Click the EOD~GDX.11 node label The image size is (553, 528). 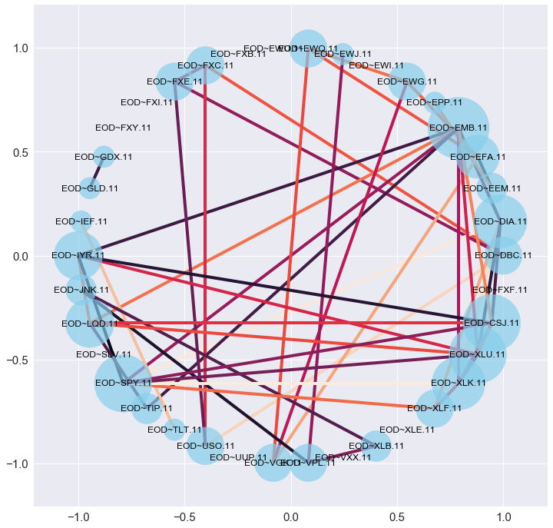104,157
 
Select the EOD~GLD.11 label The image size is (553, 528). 90,188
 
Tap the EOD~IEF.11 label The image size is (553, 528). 81,221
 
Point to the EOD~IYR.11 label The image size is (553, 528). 78,255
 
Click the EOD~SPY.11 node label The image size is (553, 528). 124,382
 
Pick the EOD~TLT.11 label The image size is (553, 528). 174,430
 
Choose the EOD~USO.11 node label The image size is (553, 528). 205,446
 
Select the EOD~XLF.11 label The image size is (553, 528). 435,408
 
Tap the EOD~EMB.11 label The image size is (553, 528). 459,128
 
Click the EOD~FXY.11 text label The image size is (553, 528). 124,128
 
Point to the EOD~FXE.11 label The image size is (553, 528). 175,81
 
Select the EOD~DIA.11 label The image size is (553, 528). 501,221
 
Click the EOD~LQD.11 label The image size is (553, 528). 90,324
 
